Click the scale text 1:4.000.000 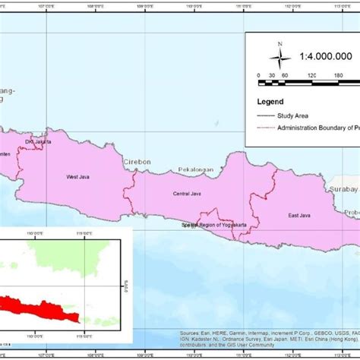(x=325, y=56)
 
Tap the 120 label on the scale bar (x=312, y=76)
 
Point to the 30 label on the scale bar (x=272, y=76)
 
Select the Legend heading (x=270, y=101)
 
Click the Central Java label (x=185, y=194)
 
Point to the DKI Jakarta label (x=39, y=142)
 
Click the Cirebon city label (x=137, y=162)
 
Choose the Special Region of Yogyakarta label (x=216, y=226)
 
